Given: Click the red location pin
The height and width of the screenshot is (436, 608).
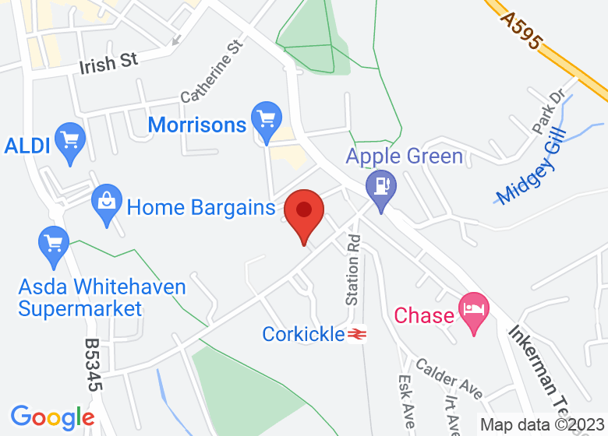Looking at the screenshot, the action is [303, 212].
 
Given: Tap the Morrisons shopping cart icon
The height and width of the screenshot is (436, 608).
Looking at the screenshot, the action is [267, 120].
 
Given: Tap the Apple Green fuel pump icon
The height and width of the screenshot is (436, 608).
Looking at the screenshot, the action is [381, 188].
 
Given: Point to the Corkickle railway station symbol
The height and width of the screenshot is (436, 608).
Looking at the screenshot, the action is [358, 334].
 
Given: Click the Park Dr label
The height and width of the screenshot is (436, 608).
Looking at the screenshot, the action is [547, 111].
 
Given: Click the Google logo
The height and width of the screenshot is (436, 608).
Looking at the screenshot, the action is [52, 417].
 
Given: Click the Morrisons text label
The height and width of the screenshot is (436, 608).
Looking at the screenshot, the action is [197, 125].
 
